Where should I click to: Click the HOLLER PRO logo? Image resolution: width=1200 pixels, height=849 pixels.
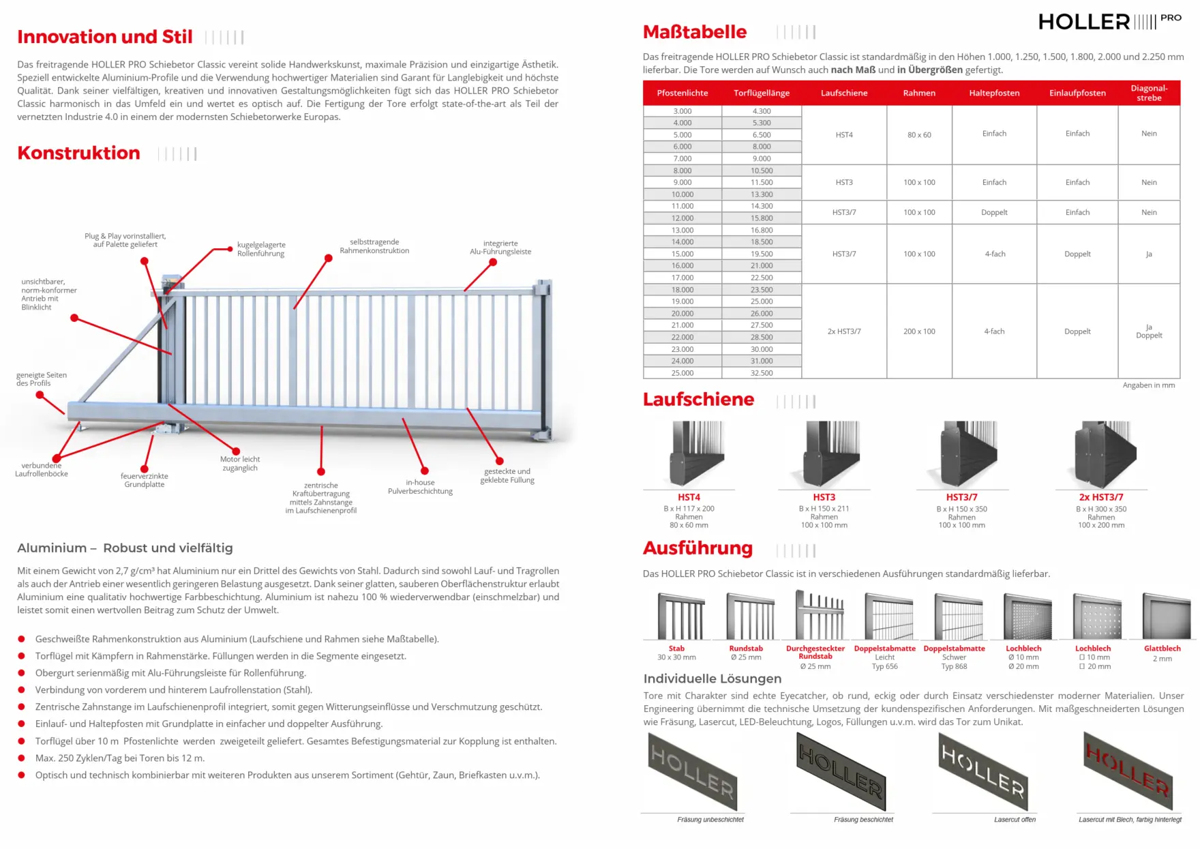click(x=1109, y=22)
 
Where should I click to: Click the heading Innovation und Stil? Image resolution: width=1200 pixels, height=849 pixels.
click(x=105, y=37)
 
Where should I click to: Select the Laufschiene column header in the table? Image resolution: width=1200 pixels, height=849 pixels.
click(x=844, y=93)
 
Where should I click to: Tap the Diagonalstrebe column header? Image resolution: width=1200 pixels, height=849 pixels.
click(x=1149, y=93)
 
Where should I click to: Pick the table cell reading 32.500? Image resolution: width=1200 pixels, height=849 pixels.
click(x=762, y=373)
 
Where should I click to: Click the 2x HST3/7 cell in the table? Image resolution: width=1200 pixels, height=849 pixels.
click(x=844, y=331)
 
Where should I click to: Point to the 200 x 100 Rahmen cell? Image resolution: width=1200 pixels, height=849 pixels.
click(x=919, y=331)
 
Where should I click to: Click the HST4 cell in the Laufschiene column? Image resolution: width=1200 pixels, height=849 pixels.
click(x=844, y=135)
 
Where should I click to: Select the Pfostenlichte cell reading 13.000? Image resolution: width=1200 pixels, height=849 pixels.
click(x=682, y=230)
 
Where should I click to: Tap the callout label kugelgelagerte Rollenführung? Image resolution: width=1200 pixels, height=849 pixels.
click(x=261, y=250)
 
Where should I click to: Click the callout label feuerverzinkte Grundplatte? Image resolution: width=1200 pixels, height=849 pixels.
click(x=145, y=481)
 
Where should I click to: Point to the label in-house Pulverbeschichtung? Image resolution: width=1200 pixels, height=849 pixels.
click(x=420, y=487)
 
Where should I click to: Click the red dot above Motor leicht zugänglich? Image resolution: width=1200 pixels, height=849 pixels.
click(x=236, y=451)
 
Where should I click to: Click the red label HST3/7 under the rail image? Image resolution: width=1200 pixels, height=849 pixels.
click(x=961, y=498)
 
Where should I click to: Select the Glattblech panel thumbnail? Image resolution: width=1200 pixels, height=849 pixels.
click(x=1165, y=616)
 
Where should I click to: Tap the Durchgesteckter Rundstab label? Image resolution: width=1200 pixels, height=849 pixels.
click(x=815, y=653)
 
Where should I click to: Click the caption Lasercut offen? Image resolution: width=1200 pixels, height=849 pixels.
click(x=1015, y=820)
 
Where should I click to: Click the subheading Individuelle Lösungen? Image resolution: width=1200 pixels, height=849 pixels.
click(x=712, y=679)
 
